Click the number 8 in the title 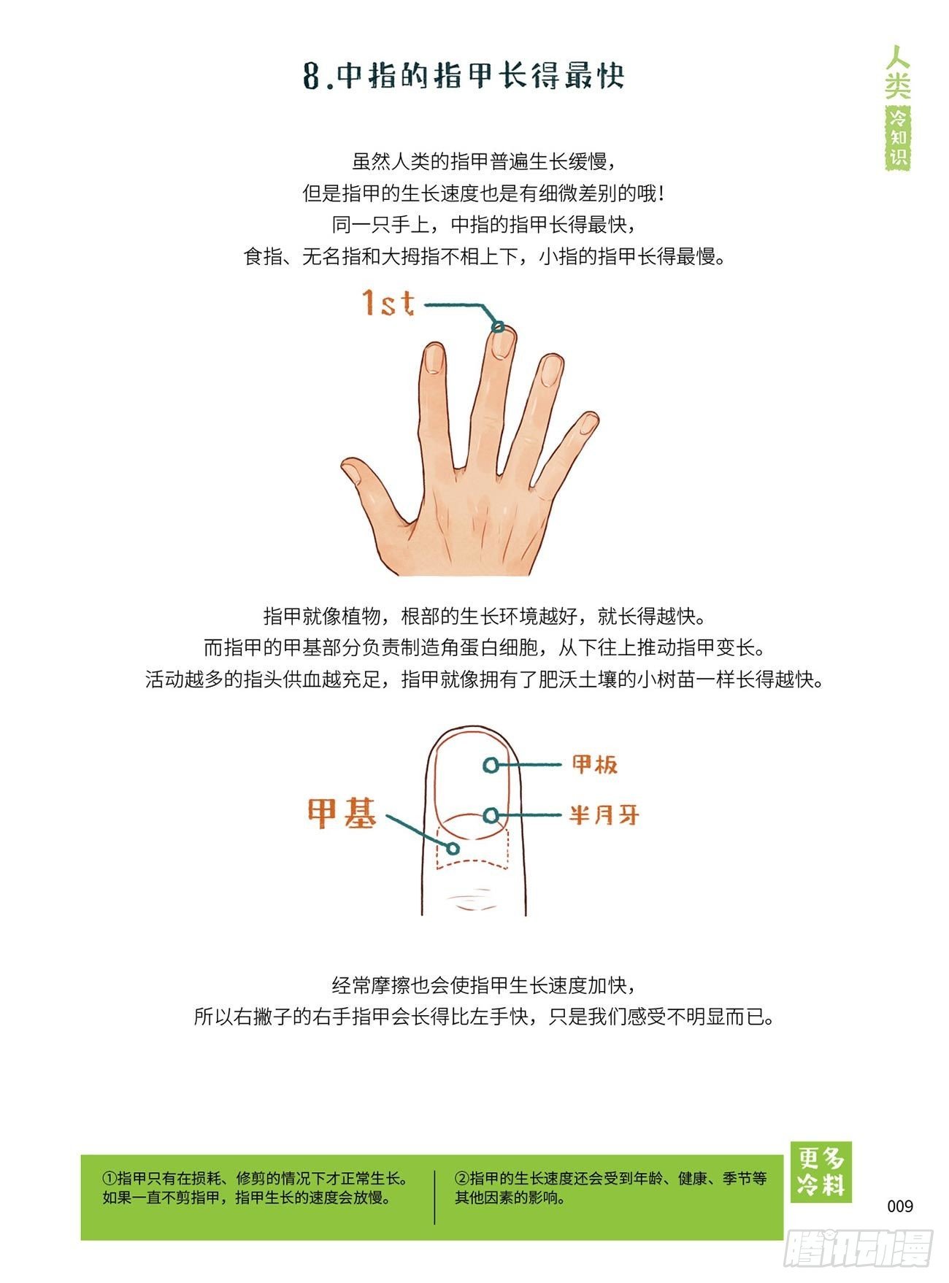(312, 76)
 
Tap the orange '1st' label (389, 303)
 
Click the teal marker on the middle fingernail (498, 327)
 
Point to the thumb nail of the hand (353, 474)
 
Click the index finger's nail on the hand (434, 359)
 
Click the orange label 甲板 (595, 764)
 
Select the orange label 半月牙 (604, 814)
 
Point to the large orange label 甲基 (342, 813)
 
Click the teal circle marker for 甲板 (491, 765)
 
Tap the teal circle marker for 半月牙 (492, 815)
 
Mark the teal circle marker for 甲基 (453, 849)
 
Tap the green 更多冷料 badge (821, 1172)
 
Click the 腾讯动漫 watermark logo (858, 1249)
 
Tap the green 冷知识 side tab (899, 138)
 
